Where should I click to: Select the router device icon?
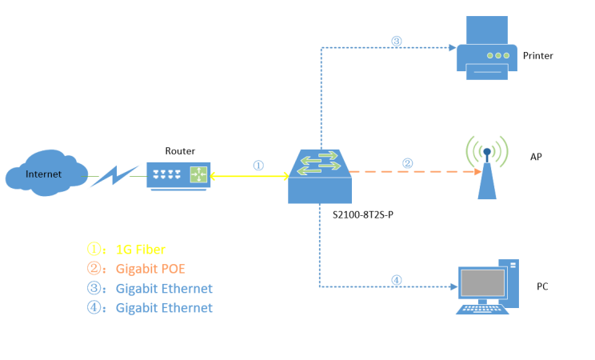pyautogui.click(x=178, y=174)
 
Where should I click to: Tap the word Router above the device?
pyautogui.click(x=180, y=150)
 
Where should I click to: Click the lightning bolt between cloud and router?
pyautogui.click(x=115, y=175)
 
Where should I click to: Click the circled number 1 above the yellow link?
pyautogui.click(x=258, y=165)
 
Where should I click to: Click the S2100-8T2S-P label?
pyautogui.click(x=361, y=215)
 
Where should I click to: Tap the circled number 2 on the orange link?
pyautogui.click(x=407, y=163)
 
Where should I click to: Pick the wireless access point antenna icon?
pyautogui.click(x=486, y=167)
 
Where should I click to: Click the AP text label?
pyautogui.click(x=536, y=157)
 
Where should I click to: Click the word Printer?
pyautogui.click(x=537, y=56)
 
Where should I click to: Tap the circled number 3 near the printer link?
pyautogui.click(x=396, y=41)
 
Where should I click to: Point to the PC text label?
pyautogui.click(x=541, y=286)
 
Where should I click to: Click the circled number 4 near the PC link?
pyautogui.click(x=397, y=279)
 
